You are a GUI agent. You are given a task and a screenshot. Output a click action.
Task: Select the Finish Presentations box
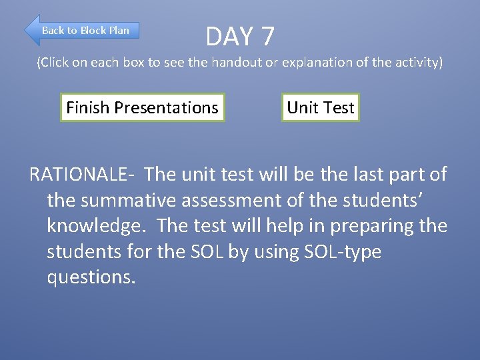[x=142, y=107]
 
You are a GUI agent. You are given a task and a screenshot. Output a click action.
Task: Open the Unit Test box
[x=320, y=107]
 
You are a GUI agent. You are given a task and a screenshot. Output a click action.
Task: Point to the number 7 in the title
[x=267, y=37]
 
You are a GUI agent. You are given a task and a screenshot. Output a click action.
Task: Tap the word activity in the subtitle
[x=417, y=63]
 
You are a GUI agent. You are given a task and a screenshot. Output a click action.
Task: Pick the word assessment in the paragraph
[x=245, y=200]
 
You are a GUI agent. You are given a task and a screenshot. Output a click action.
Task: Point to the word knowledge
[x=98, y=226]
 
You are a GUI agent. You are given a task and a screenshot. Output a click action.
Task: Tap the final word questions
[x=91, y=277]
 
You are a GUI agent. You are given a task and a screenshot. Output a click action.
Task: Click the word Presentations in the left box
[x=166, y=107]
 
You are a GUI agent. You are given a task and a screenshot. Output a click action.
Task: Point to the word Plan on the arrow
[x=119, y=30]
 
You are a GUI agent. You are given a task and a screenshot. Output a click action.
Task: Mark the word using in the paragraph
[x=266, y=252]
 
